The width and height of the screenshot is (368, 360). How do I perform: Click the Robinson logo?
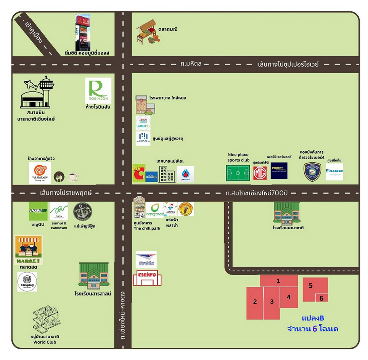pos(98,91)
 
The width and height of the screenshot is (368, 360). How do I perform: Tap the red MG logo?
pos(260,173)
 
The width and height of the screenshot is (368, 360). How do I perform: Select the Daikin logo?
pos(334,172)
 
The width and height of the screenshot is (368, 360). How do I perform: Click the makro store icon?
pos(147,278)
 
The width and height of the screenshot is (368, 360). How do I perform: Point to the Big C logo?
pos(138,173)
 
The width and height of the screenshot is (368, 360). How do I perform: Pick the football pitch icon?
pos(238,173)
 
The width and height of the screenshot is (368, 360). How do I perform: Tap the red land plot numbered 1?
pos(279,281)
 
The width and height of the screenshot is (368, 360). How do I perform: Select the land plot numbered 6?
pos(321,298)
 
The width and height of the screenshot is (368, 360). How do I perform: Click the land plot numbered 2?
pos(255,303)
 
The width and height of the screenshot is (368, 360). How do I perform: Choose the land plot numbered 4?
pos(289,297)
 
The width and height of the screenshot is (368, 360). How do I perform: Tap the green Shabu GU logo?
pos(38,211)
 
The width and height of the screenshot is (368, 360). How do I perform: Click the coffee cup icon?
pos(73,177)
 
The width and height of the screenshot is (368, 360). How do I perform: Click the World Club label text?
pos(45,342)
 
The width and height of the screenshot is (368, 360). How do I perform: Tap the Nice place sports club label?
pos(238,157)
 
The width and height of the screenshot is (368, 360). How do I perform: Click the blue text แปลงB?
pos(313,318)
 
